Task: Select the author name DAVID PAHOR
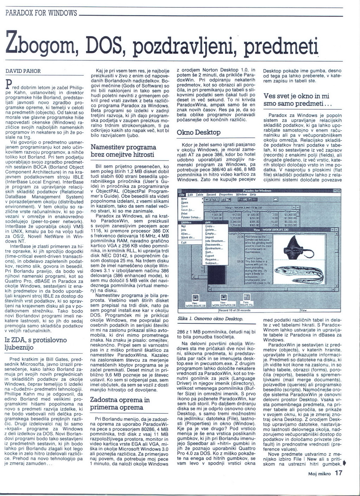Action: tap(23, 71)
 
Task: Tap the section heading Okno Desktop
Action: tap(199, 133)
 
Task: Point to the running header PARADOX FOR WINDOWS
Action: tap(41, 14)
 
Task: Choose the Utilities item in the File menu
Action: tap(187, 223)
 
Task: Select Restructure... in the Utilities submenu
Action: tap(214, 249)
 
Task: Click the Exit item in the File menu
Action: tap(184, 243)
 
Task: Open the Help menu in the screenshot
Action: tap(253, 194)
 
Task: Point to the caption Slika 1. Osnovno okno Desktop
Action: tap(210, 319)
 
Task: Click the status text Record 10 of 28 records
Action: tap(235, 310)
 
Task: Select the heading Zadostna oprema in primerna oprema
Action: tap(120, 404)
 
